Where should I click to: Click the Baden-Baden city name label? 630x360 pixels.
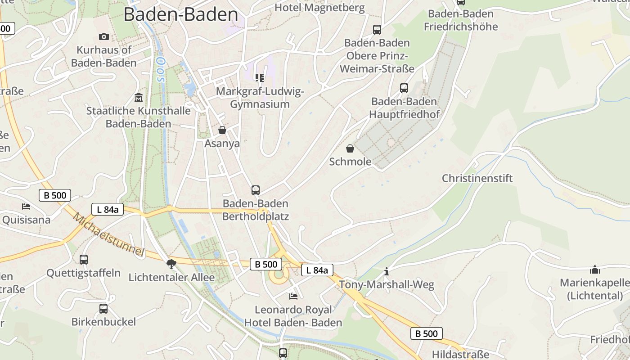point(180,14)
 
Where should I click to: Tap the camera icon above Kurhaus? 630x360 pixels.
point(104,36)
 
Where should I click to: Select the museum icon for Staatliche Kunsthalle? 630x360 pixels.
point(139,97)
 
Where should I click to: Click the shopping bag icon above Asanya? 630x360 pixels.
point(222,130)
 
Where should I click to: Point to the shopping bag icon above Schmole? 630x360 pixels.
point(350,148)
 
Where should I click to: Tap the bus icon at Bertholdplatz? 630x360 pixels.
point(256,190)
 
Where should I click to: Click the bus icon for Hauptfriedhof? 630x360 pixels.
point(404,88)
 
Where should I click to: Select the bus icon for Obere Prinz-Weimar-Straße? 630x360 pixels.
point(377,30)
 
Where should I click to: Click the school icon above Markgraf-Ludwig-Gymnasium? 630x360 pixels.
point(260,78)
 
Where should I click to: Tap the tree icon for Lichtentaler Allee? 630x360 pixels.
point(171,264)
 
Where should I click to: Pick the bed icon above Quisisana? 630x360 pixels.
point(27,207)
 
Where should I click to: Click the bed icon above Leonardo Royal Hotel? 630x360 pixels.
point(293,296)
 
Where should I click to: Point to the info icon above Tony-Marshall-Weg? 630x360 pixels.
point(386,271)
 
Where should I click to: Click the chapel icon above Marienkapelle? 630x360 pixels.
point(595,270)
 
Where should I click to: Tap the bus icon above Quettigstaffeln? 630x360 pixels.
point(84,259)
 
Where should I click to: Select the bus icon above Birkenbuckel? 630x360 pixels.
point(103,308)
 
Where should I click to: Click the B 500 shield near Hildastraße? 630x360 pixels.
point(426,333)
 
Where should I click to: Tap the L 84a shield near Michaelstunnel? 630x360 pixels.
point(108,209)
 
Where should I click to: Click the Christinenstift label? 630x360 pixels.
point(477,178)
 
